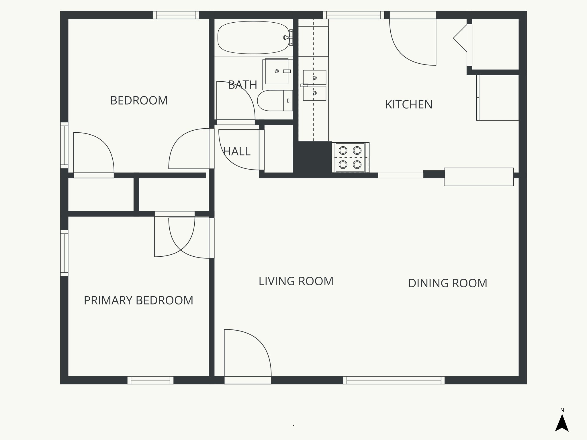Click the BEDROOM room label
click(x=139, y=101)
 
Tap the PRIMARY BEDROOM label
click(x=138, y=300)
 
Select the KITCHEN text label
click(x=408, y=105)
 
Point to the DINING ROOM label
click(x=447, y=283)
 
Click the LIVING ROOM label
click(x=296, y=281)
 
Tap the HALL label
click(x=237, y=151)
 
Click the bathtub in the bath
click(x=253, y=38)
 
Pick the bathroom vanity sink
click(x=277, y=71)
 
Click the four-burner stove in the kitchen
click(x=350, y=158)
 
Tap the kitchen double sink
click(x=314, y=85)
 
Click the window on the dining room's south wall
click(x=394, y=380)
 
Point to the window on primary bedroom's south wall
click(x=150, y=380)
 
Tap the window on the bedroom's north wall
click(x=175, y=15)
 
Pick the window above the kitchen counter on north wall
click(x=354, y=15)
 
